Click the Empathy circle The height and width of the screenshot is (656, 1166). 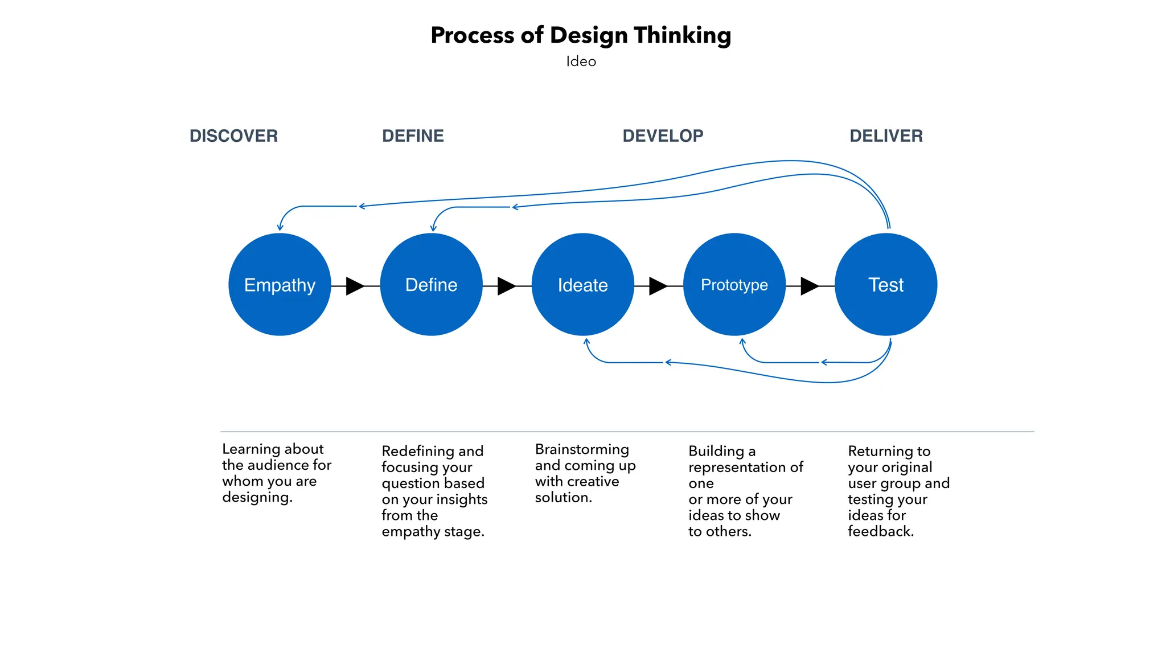(280, 285)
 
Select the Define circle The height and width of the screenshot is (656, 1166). (431, 285)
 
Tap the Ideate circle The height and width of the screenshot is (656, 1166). (582, 285)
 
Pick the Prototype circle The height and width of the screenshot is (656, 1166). (734, 285)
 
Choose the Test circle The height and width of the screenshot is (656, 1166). (886, 285)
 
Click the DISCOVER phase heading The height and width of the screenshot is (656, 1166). (233, 136)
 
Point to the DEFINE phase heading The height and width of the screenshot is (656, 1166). (413, 136)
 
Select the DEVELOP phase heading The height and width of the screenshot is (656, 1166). (663, 136)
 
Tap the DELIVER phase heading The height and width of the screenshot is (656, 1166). (886, 136)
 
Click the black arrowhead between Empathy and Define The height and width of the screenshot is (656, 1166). (354, 286)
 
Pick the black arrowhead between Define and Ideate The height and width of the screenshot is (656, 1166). (506, 286)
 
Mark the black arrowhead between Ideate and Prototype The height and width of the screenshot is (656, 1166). (657, 286)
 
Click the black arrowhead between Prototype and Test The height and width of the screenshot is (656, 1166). (808, 286)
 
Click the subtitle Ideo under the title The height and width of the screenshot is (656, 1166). (581, 61)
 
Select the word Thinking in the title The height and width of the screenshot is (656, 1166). (682, 35)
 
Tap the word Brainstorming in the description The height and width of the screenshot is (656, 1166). (582, 449)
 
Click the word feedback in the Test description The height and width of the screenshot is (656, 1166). (880, 531)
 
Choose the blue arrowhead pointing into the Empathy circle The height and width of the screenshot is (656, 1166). (280, 228)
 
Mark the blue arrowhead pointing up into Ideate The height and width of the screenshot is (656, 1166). (586, 342)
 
